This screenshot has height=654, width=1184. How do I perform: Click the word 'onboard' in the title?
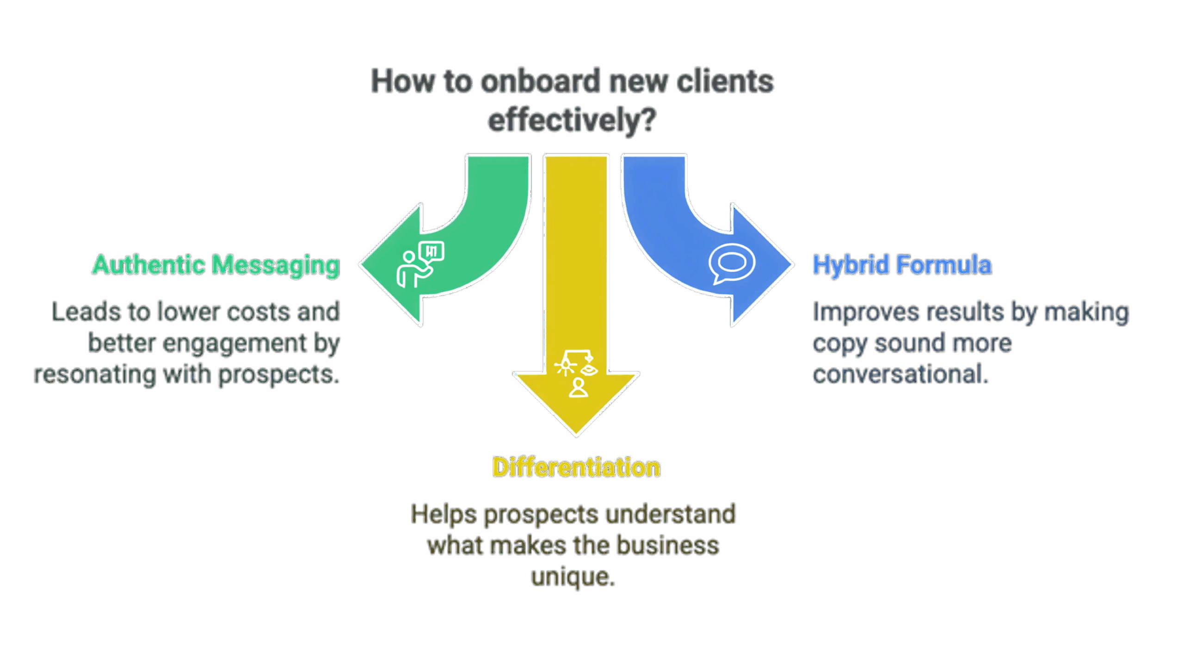540,81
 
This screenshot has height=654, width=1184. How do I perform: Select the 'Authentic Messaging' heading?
216,265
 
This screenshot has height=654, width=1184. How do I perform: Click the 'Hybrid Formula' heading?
902,265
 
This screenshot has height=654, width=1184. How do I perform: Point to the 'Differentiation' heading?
576,467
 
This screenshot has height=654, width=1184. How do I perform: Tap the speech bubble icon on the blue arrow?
731,263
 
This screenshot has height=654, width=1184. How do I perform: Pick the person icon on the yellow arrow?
578,388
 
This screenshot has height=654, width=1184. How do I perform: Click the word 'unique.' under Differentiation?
573,577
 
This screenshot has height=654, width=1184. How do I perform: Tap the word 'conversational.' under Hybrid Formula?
900,374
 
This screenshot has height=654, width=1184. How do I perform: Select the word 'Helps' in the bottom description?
444,514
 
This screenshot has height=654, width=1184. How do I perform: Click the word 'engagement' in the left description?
234,343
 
